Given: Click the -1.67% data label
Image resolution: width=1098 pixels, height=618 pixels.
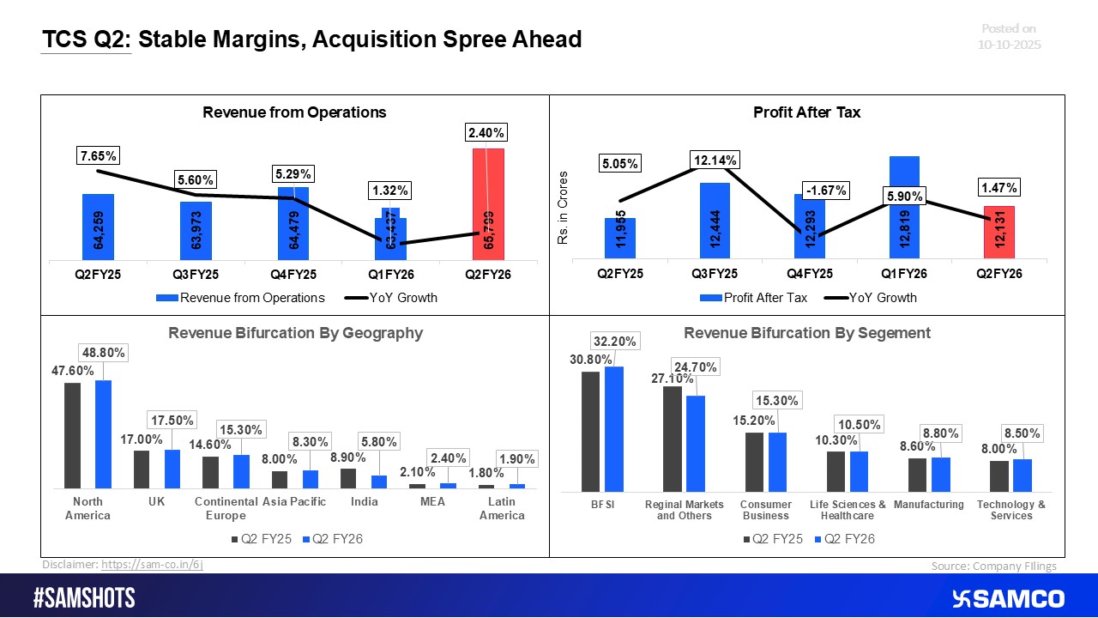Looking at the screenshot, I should point(825,191).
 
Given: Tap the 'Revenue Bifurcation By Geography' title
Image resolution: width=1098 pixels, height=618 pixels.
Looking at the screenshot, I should point(295,333).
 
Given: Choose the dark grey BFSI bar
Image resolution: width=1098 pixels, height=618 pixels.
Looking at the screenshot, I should point(590,429).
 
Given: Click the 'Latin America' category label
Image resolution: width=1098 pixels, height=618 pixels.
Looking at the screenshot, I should point(502,508).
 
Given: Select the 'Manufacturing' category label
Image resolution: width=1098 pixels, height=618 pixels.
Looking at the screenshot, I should point(929,505).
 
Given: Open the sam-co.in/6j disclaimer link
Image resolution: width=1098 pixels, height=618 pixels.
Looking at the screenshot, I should point(152,565).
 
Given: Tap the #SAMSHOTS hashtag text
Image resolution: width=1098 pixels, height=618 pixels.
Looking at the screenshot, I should point(84,598).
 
